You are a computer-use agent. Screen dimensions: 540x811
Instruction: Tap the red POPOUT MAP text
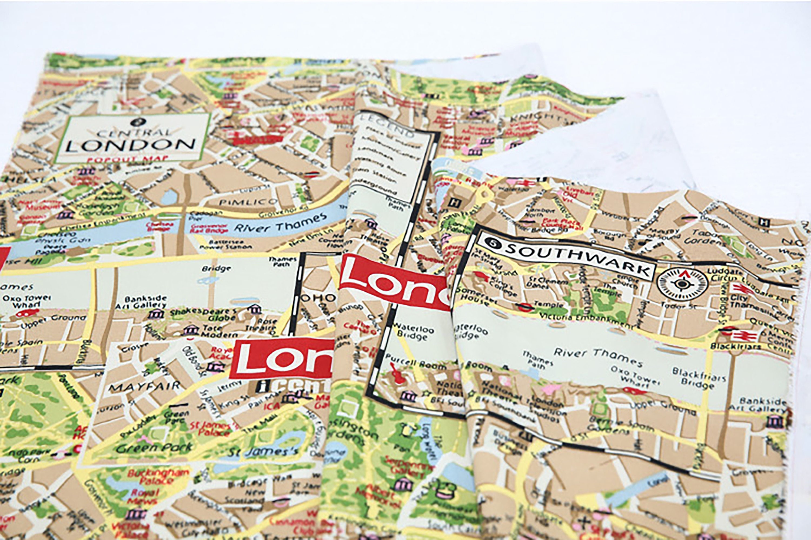[127, 159]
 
